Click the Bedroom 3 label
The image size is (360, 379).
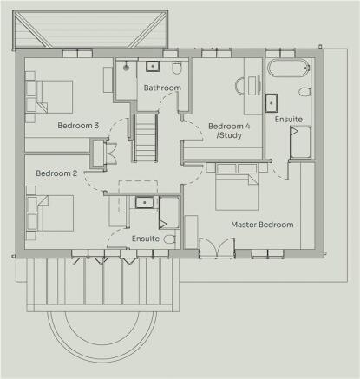(x=78, y=126)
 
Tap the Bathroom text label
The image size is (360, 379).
(x=162, y=88)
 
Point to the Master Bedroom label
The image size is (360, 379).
(x=262, y=225)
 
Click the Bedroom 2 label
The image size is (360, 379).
(x=56, y=173)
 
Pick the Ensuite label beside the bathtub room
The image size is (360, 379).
(x=289, y=119)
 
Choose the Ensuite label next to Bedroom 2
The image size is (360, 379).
(x=146, y=238)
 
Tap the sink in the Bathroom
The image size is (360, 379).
(x=153, y=65)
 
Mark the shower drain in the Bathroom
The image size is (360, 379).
(x=128, y=67)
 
